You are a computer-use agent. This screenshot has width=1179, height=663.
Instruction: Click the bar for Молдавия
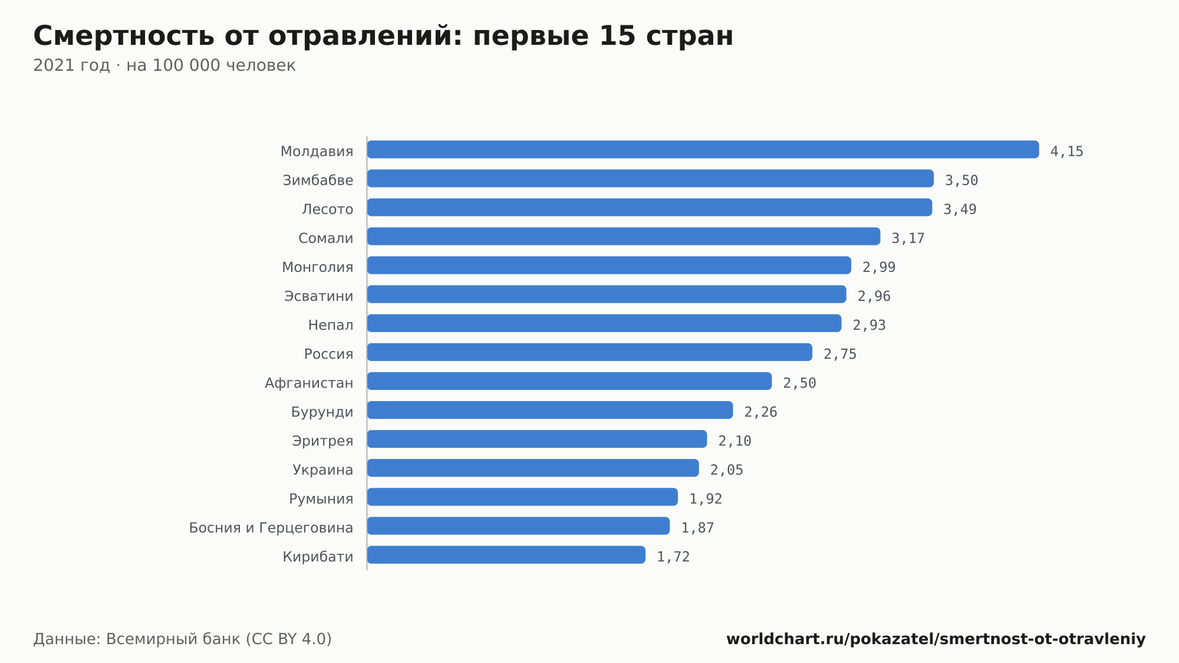pyautogui.click(x=703, y=149)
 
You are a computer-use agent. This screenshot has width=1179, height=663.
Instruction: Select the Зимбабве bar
pyautogui.click(x=650, y=178)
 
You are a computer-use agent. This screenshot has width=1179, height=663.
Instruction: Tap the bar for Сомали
pyautogui.click(x=624, y=236)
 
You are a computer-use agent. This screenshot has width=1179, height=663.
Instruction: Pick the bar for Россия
pyautogui.click(x=589, y=352)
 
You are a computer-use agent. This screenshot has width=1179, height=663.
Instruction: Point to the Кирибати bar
pyautogui.click(x=506, y=554)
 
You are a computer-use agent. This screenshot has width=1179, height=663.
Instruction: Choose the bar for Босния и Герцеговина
pyautogui.click(x=518, y=526)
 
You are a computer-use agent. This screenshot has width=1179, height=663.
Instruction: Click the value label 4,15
pyautogui.click(x=1067, y=152)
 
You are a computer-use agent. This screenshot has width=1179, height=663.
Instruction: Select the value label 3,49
pyautogui.click(x=960, y=209)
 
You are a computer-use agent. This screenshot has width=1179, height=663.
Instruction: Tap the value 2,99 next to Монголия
pyautogui.click(x=879, y=267)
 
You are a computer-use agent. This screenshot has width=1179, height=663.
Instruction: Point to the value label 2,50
pyautogui.click(x=799, y=383)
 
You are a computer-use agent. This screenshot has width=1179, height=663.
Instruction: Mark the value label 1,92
pyautogui.click(x=706, y=499)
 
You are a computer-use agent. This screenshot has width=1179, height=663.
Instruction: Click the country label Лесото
pyautogui.click(x=328, y=209)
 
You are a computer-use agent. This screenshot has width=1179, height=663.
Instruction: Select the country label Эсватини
pyautogui.click(x=319, y=296)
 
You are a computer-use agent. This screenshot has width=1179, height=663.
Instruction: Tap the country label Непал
pyautogui.click(x=331, y=325)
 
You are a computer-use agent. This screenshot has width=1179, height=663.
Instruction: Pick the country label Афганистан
pyautogui.click(x=309, y=383)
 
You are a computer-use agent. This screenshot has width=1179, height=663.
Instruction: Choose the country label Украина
pyautogui.click(x=323, y=470)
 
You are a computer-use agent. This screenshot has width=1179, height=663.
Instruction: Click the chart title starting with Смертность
pyautogui.click(x=383, y=35)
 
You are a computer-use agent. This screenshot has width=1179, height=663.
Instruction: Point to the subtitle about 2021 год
pyautogui.click(x=164, y=65)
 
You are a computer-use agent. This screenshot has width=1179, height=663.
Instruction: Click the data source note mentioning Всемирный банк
pyautogui.click(x=183, y=639)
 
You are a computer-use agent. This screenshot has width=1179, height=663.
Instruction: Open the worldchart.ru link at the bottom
pyautogui.click(x=936, y=639)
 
